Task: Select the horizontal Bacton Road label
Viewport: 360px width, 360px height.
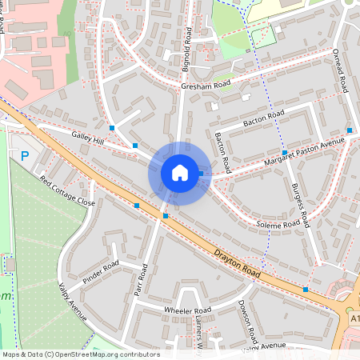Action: pyautogui.click(x=264, y=118)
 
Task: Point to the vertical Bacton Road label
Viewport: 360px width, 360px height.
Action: pyautogui.click(x=223, y=153)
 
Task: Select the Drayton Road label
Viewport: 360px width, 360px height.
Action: pyautogui.click(x=238, y=264)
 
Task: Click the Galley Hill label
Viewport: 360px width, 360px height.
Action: pyautogui.click(x=87, y=141)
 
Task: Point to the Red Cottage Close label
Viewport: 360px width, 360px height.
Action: pyautogui.click(x=67, y=192)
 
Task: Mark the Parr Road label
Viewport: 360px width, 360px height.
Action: pyautogui.click(x=142, y=281)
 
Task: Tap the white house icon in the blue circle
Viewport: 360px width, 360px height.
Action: pyautogui.click(x=179, y=173)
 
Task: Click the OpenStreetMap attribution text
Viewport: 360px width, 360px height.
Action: pyautogui.click(x=81, y=354)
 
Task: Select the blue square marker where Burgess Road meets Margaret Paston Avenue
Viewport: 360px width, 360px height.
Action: pyautogui.click(x=285, y=152)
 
